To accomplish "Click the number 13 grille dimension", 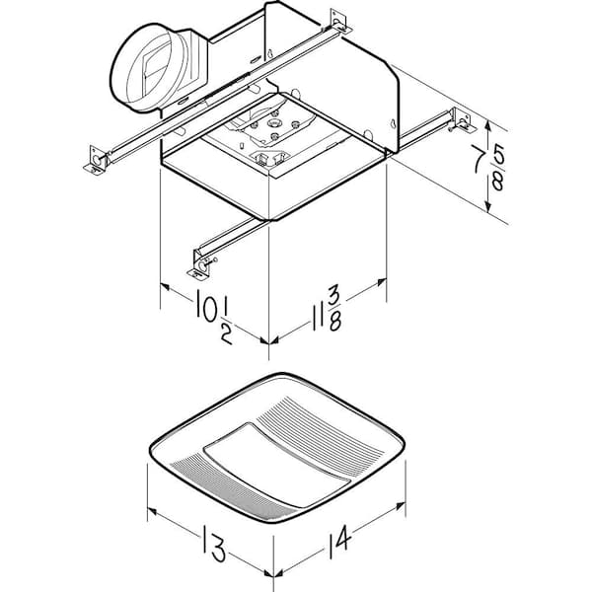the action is [215, 542].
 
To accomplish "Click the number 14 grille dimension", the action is [340, 541].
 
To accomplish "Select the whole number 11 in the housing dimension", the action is [317, 318].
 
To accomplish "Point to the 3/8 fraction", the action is [333, 309].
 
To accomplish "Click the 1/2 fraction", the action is [227, 325].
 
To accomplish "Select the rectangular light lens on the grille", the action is [277, 465].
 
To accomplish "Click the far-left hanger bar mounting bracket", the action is [95, 161].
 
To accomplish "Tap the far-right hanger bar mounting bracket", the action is [464, 120].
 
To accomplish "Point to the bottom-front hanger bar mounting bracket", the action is [201, 263].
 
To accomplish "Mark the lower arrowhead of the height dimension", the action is [488, 206].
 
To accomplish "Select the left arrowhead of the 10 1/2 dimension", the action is [166, 287].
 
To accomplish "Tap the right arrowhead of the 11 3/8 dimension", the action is [381, 281].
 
